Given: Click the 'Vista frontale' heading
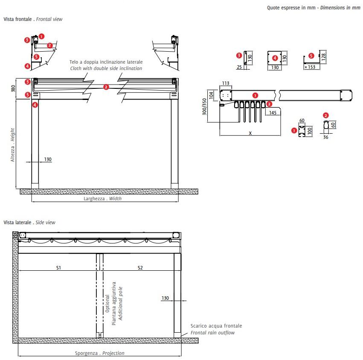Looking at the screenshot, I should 18,19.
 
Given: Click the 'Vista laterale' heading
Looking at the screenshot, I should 17,222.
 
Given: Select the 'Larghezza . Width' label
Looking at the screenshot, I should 102,199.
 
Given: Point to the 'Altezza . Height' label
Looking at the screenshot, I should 13,145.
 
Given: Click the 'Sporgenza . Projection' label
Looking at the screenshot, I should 100,353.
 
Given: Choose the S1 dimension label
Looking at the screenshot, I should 59,268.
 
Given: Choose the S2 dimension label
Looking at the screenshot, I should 140,268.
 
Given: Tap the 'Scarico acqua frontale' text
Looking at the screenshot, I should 216,326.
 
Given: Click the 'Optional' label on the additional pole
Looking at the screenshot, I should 107,304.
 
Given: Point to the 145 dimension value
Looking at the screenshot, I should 273,112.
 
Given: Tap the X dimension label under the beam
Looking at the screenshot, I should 250,133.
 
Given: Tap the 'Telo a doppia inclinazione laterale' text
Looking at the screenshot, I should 106,62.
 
